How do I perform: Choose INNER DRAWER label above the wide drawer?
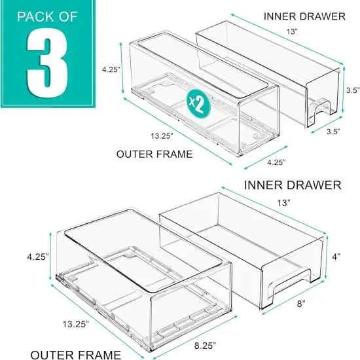point(293,185)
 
